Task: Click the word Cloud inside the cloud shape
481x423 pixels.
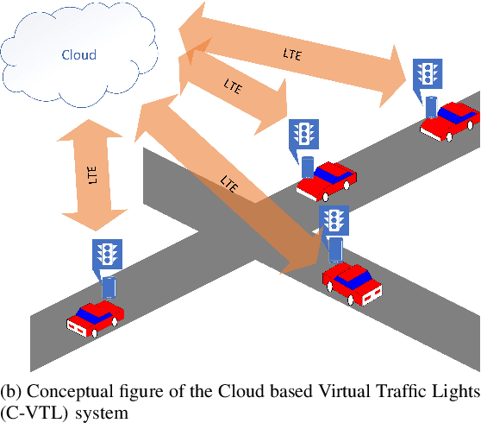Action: pyautogui.click(x=78, y=55)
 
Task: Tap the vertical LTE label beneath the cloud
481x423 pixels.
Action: pyautogui.click(x=92, y=174)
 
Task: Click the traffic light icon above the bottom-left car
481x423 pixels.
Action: pyautogui.click(x=106, y=254)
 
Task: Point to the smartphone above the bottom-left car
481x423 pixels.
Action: pyautogui.click(x=108, y=288)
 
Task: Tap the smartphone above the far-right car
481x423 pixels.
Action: pyautogui.click(x=431, y=107)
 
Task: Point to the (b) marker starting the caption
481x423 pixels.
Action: pyautogui.click(x=11, y=394)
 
